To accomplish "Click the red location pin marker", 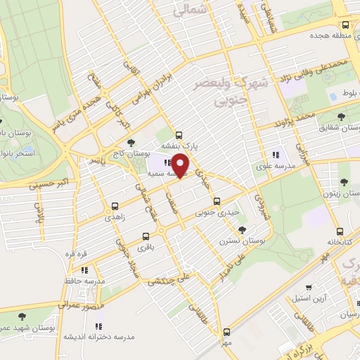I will point(181,165).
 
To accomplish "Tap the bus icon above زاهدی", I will point(115,207).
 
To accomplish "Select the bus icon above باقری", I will point(146,236).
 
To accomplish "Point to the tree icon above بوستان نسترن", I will point(243,229).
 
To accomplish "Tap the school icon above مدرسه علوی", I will point(275,155).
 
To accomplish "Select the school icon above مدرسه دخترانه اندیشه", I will point(98,326).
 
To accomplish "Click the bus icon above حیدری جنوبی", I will point(226,199).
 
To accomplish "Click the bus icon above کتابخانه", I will point(339,230).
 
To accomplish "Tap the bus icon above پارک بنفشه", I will point(179,134).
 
